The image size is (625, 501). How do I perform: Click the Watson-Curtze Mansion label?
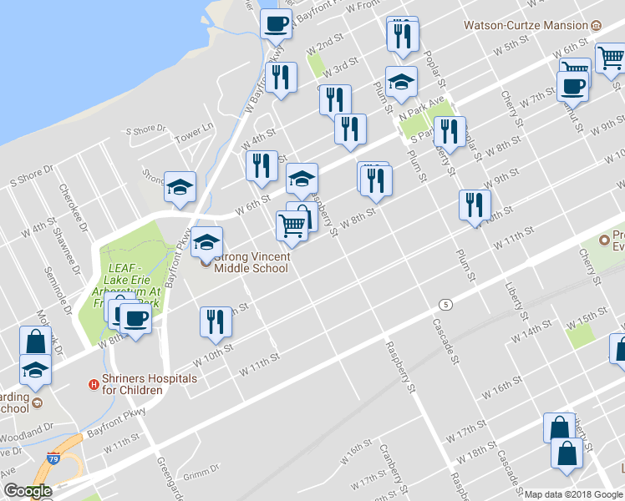[526, 25]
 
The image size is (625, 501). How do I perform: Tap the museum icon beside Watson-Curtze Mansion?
[595, 25]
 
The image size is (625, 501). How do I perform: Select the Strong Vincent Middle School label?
[251, 262]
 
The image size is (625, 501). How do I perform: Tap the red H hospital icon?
[94, 384]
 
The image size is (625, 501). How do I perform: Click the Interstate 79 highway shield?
[53, 458]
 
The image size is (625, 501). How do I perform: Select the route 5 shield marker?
[447, 305]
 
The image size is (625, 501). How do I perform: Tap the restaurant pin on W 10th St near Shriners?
[216, 321]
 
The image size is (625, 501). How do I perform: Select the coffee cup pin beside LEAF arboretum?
[135, 316]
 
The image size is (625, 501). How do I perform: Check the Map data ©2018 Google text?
[572, 493]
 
